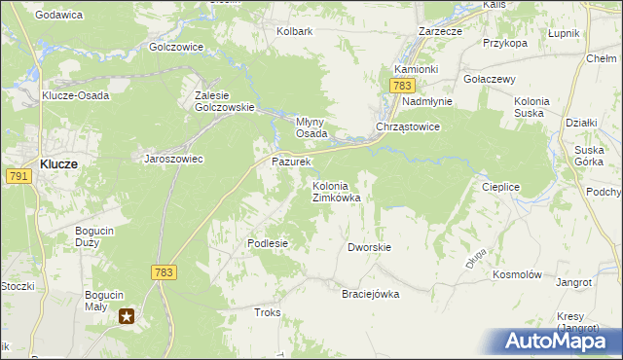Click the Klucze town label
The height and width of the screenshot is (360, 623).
[x=58, y=164]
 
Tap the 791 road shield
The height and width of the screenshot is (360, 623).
[x=18, y=176]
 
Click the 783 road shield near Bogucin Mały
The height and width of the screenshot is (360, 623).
[x=164, y=272]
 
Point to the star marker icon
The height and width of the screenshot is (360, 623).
[x=128, y=315]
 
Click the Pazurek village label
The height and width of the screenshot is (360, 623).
[x=291, y=161]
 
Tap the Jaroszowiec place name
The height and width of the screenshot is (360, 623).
[x=173, y=158]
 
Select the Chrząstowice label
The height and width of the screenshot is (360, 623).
[x=409, y=127]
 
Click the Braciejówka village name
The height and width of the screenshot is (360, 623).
[x=370, y=294]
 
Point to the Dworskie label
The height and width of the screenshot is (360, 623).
[x=369, y=247]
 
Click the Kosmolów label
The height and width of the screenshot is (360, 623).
[x=517, y=275]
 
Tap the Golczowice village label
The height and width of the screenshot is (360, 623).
[x=176, y=46]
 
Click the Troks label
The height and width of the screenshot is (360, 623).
[x=267, y=312]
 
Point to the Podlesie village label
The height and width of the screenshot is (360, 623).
[x=268, y=243]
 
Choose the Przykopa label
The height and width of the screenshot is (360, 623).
[x=505, y=43]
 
